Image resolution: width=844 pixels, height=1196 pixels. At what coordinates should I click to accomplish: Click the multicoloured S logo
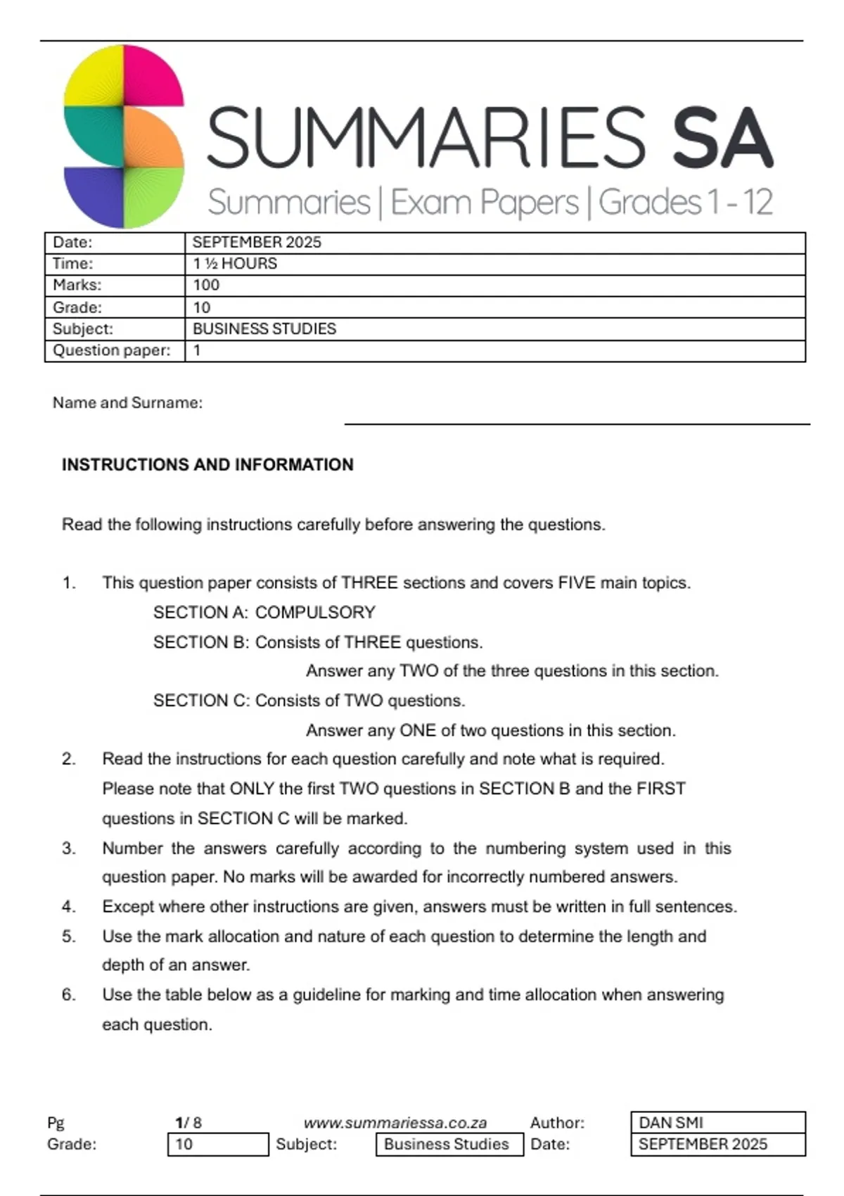coord(124,136)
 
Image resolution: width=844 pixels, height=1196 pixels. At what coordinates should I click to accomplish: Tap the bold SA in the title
coord(722,139)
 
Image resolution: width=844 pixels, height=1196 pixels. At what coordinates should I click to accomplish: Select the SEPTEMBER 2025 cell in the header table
coord(257,243)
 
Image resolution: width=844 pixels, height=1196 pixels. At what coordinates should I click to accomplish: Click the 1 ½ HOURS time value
coord(235,264)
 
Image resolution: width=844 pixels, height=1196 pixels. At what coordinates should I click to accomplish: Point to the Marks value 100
coord(206,285)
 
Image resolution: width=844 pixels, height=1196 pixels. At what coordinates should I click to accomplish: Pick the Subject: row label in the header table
coord(83,329)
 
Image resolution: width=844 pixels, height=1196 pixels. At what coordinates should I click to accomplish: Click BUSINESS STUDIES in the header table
coord(264,329)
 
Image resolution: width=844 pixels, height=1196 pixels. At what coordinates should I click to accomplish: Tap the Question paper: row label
coord(112,350)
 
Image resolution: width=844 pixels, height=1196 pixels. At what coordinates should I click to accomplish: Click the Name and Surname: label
coord(127,402)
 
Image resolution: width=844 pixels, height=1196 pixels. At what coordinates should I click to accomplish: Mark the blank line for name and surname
coord(577,424)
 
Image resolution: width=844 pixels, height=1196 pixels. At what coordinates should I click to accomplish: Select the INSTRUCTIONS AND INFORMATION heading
coord(207,464)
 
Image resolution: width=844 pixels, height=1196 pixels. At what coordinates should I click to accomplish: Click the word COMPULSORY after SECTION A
coord(315,612)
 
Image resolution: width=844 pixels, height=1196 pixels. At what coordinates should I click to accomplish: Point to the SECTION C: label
coord(202,701)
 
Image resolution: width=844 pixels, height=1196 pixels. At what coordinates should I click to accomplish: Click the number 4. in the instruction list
coord(68,906)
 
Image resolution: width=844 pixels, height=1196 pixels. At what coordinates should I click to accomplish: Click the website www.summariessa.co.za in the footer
coord(395,1123)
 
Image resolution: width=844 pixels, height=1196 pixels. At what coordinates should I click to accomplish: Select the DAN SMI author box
coord(717,1122)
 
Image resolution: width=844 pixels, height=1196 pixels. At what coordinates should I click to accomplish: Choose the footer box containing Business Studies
coord(449,1145)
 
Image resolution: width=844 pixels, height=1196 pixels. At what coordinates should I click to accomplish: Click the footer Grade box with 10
coord(218,1145)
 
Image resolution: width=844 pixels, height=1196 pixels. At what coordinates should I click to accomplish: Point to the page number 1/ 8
coord(188,1123)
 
